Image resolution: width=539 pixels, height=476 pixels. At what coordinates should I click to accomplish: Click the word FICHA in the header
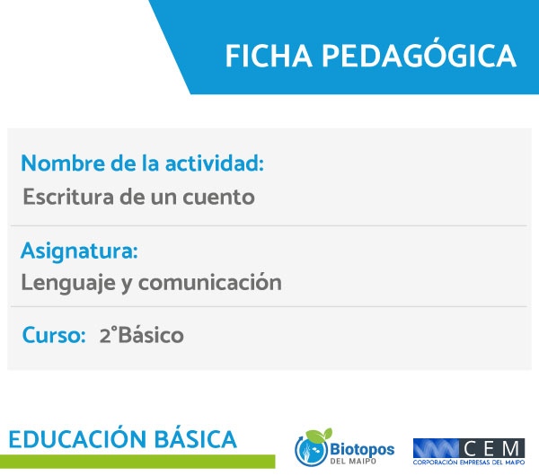coord(269,56)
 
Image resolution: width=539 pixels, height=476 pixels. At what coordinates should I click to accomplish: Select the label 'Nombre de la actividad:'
coord(142,163)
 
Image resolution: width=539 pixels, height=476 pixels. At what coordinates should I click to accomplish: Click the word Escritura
coord(68,197)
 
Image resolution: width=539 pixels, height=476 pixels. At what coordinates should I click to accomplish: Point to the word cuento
coord(218,198)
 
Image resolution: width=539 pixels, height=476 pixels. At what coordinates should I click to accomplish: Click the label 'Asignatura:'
coord(79,251)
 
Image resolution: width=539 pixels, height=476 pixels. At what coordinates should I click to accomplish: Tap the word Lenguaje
coord(68,283)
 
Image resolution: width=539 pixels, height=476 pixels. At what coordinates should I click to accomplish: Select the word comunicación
coord(209,282)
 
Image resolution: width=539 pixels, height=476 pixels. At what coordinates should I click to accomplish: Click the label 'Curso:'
coord(54,335)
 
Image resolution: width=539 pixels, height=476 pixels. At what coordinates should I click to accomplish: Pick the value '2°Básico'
coord(142,335)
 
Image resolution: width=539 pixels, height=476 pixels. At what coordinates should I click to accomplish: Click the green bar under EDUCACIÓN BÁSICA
coord(137,462)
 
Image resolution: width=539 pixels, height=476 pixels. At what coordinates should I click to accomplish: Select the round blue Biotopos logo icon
coord(311,449)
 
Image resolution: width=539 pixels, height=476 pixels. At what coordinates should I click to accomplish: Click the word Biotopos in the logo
coord(362,450)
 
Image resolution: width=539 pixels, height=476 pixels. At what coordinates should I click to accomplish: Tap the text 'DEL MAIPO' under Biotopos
coord(353,462)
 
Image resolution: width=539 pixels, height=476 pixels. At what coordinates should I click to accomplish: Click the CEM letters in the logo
coord(491,448)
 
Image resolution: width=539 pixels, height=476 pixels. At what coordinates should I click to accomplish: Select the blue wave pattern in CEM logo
coord(436,448)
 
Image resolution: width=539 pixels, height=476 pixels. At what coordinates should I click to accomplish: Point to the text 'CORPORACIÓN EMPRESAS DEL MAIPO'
coord(469,463)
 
